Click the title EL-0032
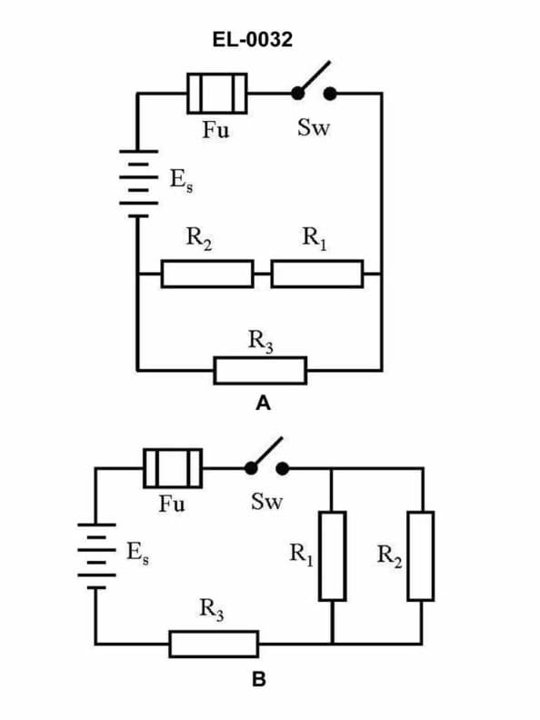point(263,39)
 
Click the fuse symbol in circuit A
point(216,94)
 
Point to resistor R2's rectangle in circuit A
point(207,273)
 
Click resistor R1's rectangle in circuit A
point(316,273)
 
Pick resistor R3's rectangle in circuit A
point(260,370)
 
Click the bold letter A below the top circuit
point(263,404)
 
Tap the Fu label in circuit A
point(215,129)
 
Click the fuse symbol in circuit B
point(173,467)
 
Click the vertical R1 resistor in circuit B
point(332,555)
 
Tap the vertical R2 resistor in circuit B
point(420,555)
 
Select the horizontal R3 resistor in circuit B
point(214,644)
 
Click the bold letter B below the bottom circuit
point(259,678)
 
